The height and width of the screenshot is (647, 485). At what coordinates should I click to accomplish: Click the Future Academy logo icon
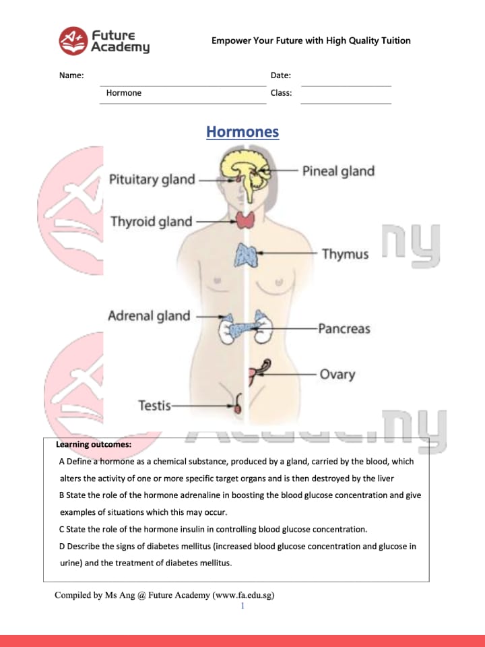(73, 40)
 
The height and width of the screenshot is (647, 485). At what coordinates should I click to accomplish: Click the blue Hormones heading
(243, 131)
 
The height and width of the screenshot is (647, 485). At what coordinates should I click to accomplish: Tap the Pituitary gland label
(152, 180)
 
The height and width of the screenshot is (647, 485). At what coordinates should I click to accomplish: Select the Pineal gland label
(338, 171)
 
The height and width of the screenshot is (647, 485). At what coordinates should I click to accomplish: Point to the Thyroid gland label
(152, 222)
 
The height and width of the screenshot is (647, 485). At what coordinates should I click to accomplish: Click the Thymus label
(345, 254)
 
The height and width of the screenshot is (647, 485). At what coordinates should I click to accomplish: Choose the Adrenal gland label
(150, 316)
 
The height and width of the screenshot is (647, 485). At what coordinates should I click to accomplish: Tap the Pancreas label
(344, 329)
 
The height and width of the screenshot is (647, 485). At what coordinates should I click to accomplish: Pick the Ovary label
(337, 374)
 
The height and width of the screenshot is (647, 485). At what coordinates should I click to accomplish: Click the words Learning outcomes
(94, 445)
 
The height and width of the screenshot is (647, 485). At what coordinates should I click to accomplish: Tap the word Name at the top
(71, 75)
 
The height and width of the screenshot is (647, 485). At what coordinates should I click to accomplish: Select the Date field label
(281, 75)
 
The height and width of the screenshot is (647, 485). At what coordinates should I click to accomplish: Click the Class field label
(282, 93)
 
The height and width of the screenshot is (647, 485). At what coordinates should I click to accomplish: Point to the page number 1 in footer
(243, 606)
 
